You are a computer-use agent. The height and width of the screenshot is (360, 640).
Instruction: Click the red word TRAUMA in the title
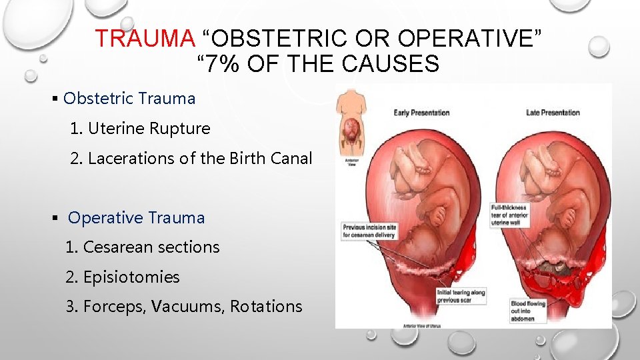[143, 39]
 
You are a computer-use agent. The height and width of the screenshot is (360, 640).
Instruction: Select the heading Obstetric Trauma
[129, 99]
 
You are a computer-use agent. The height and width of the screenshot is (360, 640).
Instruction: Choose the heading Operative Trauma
[137, 218]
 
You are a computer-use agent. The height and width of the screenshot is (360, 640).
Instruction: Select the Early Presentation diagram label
[421, 113]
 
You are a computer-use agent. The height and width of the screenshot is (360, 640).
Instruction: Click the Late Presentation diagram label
[553, 113]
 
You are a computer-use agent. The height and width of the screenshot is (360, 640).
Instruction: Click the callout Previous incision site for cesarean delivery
[369, 231]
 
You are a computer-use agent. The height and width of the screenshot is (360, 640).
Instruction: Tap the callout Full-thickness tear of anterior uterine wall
[510, 215]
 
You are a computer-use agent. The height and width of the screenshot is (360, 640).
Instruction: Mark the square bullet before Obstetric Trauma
[55, 99]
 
